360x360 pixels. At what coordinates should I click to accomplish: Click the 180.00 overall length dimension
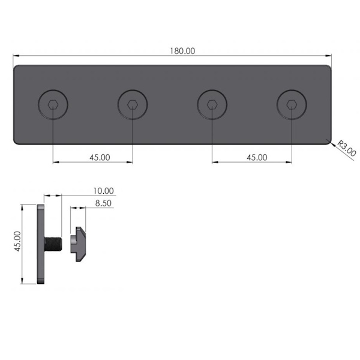(x=182, y=51)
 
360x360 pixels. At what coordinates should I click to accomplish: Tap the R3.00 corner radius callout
(x=346, y=149)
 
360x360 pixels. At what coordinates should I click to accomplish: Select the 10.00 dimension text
(x=103, y=191)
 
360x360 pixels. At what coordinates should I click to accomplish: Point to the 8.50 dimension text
(x=103, y=203)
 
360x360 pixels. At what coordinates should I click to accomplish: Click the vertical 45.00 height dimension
(x=17, y=241)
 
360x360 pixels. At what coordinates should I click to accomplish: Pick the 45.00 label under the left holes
(x=100, y=157)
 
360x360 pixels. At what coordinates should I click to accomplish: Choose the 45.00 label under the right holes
(x=257, y=157)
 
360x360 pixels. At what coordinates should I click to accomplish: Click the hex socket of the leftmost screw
(x=53, y=104)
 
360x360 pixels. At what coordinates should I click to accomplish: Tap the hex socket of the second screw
(x=133, y=104)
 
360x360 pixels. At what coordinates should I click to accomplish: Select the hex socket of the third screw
(x=212, y=104)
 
